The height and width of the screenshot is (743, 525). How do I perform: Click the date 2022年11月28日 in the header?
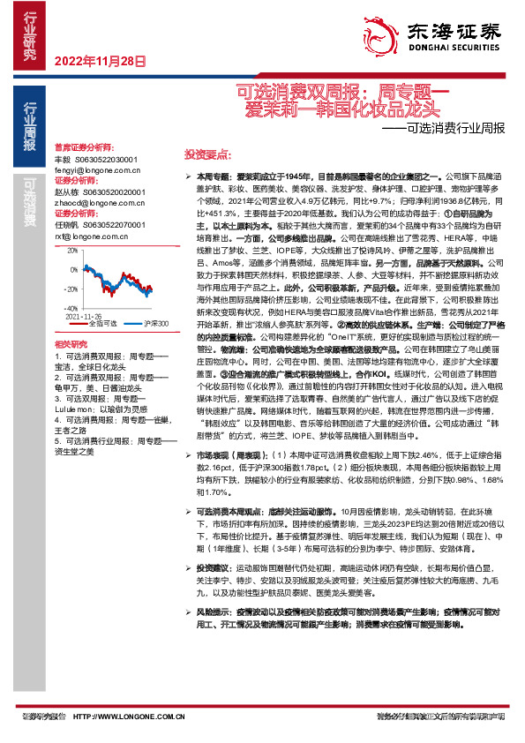(x=100, y=61)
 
